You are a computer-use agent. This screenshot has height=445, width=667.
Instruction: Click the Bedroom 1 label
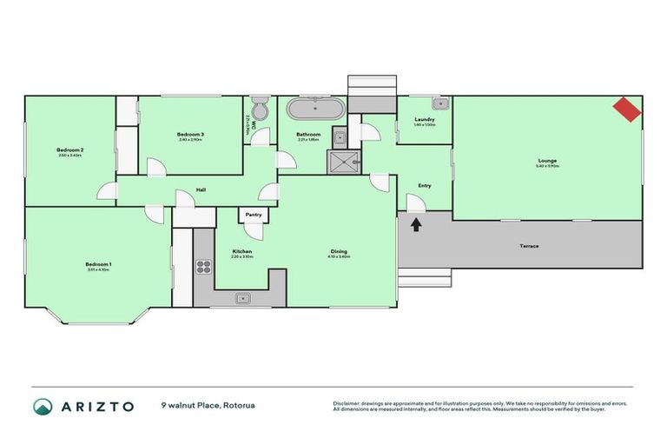(x=98, y=264)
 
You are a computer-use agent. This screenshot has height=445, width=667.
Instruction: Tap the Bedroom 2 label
(x=69, y=150)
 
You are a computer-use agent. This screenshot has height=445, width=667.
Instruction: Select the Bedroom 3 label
(x=190, y=134)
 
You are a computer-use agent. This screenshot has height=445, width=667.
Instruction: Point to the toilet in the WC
(x=259, y=110)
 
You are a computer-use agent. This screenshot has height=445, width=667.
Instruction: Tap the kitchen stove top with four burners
(x=204, y=267)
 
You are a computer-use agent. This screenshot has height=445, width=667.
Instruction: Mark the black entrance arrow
(x=416, y=224)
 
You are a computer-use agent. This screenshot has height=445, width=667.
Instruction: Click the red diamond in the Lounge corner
(x=627, y=109)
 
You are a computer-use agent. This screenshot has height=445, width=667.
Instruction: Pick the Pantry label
(x=254, y=214)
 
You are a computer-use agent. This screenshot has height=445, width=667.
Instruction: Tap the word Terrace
(x=529, y=246)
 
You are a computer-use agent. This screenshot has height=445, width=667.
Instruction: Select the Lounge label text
(x=547, y=160)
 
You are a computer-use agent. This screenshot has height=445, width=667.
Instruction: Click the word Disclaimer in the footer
(x=349, y=403)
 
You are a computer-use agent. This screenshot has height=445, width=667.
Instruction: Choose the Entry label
(x=424, y=185)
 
